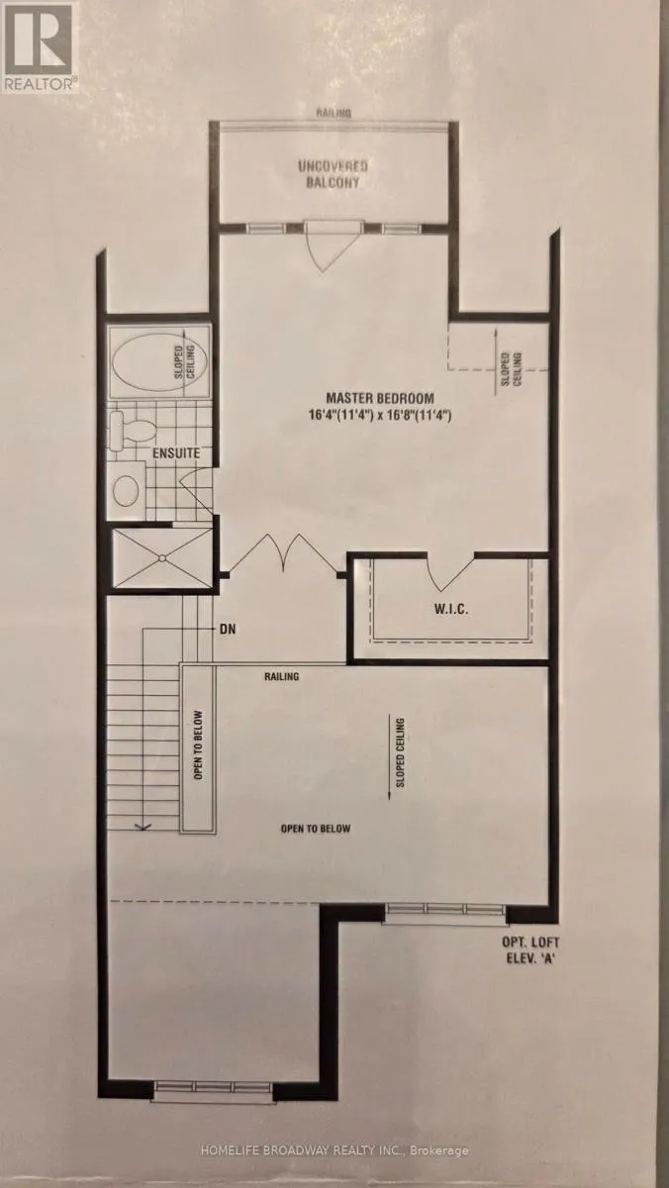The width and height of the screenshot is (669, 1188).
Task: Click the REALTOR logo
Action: pyautogui.click(x=40, y=48)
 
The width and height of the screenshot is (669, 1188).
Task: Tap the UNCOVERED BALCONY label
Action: pyautogui.click(x=333, y=174)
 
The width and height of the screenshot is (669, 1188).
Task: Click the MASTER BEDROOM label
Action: pyautogui.click(x=380, y=398)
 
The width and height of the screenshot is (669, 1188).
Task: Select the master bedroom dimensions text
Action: pyautogui.click(x=380, y=415)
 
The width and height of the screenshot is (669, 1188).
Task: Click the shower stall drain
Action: pyautogui.click(x=162, y=557)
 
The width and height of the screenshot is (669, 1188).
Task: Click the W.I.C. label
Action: pyautogui.click(x=451, y=608)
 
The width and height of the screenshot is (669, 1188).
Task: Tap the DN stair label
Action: pyautogui.click(x=228, y=629)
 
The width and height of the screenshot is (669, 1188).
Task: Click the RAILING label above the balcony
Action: pyautogui.click(x=334, y=113)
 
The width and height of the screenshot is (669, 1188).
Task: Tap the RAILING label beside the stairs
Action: pyautogui.click(x=281, y=676)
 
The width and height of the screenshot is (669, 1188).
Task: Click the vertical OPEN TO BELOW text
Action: pyautogui.click(x=198, y=745)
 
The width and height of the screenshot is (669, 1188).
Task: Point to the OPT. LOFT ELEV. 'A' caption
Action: pyautogui.click(x=530, y=951)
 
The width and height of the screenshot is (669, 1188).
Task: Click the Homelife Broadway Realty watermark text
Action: pyautogui.click(x=334, y=1146)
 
